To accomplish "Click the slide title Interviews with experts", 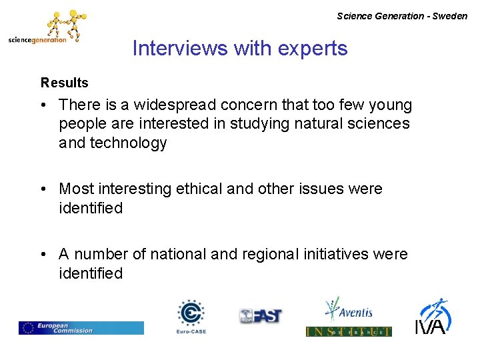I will pos(240,49).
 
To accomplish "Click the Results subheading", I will pos(64,83).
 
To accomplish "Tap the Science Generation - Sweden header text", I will pos(402,16).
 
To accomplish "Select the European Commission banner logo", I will pos(81,328).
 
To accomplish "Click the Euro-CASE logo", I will pos(191,316).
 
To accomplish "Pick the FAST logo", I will pos(261,315).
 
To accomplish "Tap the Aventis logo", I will pos(348,310).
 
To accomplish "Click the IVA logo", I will pos(434,316).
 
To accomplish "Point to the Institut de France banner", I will pos(348,331).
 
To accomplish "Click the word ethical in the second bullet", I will pos(199,189).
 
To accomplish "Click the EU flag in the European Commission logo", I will pos(27,328).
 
